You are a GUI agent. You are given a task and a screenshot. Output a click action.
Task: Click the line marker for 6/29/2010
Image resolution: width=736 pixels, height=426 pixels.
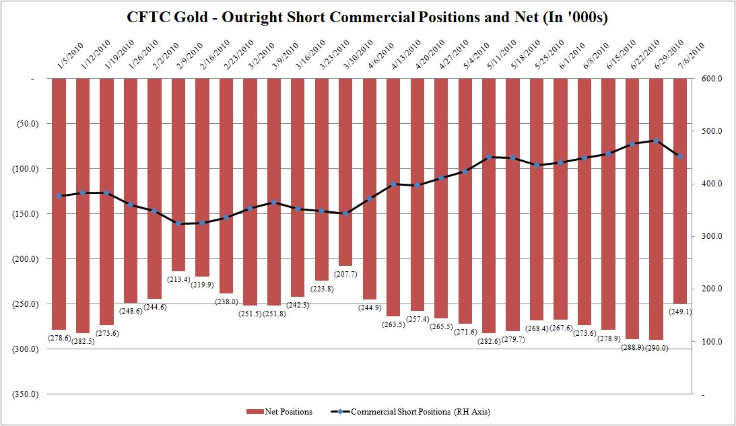tap(656, 141)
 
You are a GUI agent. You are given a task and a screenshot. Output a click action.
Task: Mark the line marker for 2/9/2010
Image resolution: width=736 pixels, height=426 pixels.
tap(178, 223)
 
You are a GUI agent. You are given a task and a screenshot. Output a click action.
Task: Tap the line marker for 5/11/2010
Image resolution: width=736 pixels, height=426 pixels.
tap(488, 157)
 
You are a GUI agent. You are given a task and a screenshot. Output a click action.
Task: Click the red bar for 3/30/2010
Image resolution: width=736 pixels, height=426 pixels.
tap(345, 172)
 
